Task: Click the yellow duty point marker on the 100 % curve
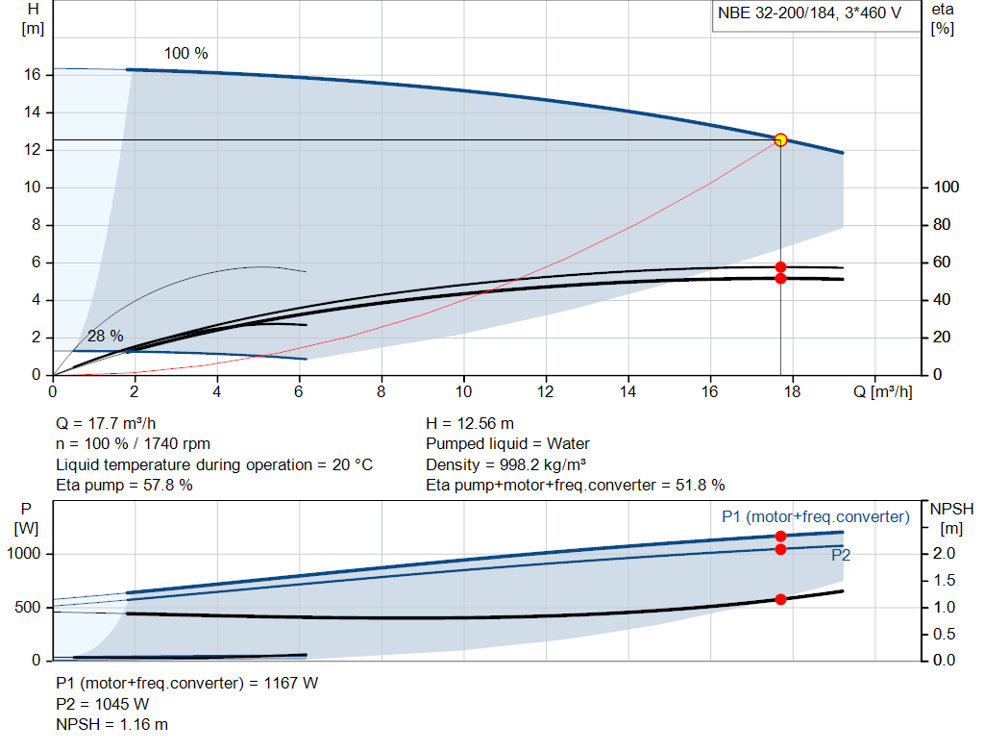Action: click(x=780, y=139)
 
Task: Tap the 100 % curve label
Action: click(x=185, y=54)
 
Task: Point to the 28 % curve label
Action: click(x=106, y=337)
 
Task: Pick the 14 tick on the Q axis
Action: click(x=628, y=392)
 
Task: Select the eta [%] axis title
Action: click(x=943, y=18)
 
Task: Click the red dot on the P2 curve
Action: click(x=780, y=549)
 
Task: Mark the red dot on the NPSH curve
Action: click(x=780, y=599)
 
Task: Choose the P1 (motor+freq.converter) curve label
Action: click(x=815, y=517)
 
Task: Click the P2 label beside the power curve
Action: click(x=841, y=555)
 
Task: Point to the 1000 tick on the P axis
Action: click(x=26, y=554)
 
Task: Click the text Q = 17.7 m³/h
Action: click(x=105, y=423)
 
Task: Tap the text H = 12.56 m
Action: click(x=470, y=423)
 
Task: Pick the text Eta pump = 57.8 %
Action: click(x=124, y=486)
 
